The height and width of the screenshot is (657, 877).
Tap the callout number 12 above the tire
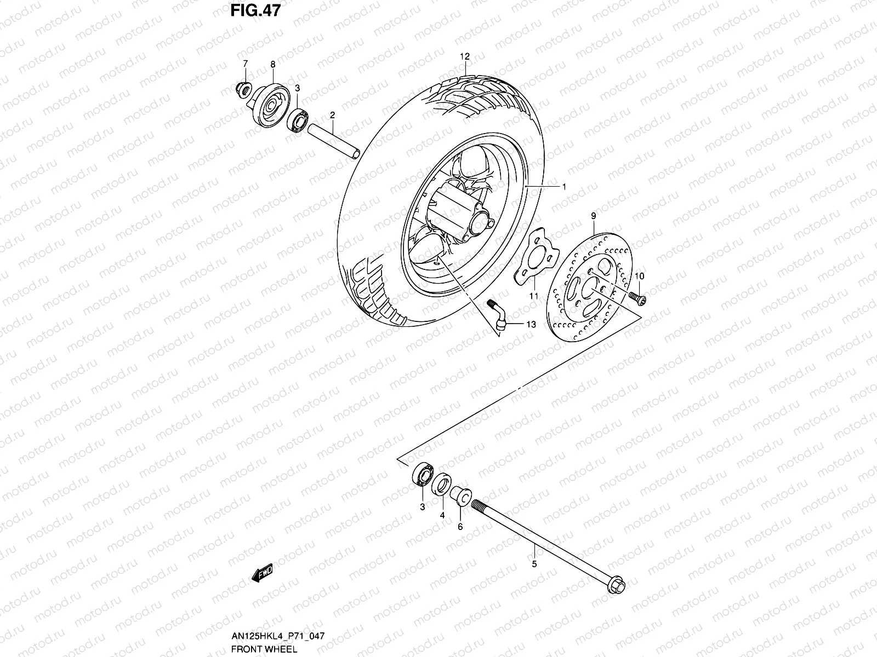coord(465,56)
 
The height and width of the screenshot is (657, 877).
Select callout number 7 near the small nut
coord(245,65)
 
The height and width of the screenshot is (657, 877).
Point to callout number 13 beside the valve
coord(531,325)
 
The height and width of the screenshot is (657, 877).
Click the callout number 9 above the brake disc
coord(593,216)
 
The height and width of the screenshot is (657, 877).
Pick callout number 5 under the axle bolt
coord(534,563)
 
